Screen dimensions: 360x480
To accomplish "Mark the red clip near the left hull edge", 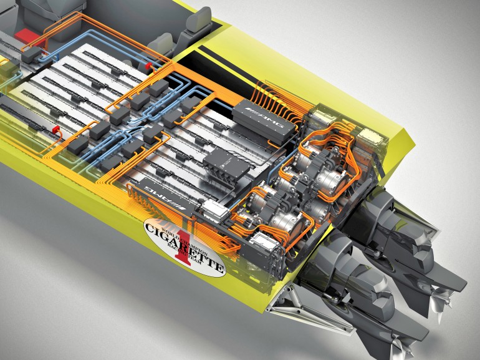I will coord(55,129).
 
